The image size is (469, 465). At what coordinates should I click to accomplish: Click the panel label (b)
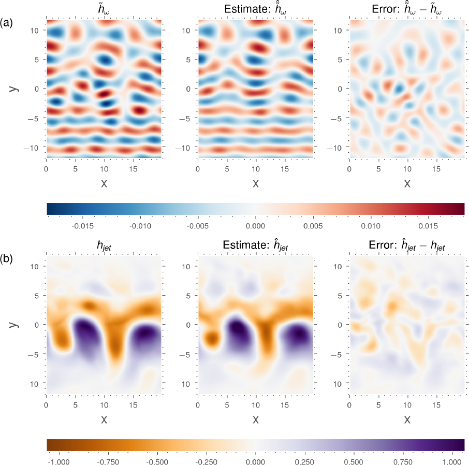7,258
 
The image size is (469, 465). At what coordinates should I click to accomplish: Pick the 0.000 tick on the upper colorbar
255,226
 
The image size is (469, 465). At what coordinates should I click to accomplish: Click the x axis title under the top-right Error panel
407,183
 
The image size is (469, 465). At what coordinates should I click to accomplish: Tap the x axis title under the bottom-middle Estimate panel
256,418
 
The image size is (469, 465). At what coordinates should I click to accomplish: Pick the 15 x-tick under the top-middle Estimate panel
285,169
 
